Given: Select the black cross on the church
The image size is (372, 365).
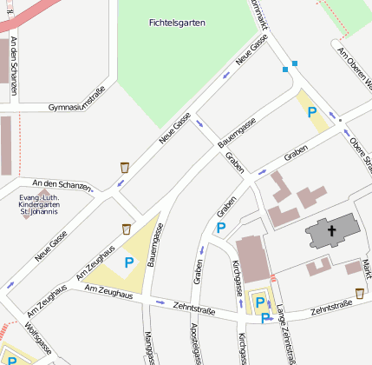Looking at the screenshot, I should click(x=330, y=231).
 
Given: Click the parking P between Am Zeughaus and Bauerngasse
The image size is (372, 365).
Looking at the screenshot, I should click(x=129, y=262).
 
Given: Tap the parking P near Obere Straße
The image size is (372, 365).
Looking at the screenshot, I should click(x=312, y=112).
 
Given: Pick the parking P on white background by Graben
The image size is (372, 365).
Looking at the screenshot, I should click(x=220, y=228).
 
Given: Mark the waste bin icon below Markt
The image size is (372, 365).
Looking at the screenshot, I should click(x=359, y=294).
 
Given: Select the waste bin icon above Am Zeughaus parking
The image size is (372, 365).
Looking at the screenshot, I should click(x=127, y=229).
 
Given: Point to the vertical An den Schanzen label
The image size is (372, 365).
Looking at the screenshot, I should click(x=15, y=66).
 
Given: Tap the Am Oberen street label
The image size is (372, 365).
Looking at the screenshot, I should click(x=354, y=68).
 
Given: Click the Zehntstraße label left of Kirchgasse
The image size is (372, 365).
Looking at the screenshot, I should click(x=193, y=306).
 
